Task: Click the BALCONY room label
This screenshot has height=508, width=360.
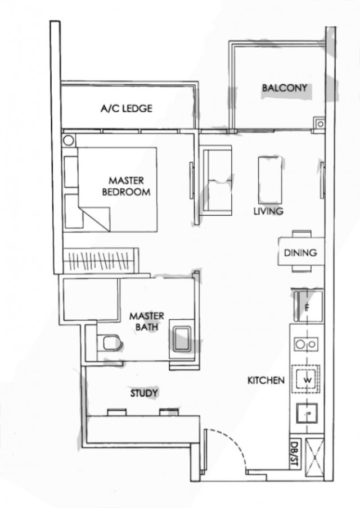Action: click(x=285, y=88)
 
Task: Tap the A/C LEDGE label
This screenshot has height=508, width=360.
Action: click(x=126, y=108)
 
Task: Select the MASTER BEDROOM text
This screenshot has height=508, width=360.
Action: click(x=126, y=186)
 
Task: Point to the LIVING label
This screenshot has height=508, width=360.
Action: click(x=268, y=211)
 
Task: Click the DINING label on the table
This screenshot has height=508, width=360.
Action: click(x=300, y=253)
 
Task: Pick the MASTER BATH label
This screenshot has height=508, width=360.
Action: click(x=146, y=321)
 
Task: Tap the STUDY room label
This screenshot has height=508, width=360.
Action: click(x=144, y=393)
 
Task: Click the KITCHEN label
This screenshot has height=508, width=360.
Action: click(x=266, y=381)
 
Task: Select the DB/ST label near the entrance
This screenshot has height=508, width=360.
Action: click(x=293, y=454)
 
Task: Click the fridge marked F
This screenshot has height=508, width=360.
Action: click(x=307, y=307)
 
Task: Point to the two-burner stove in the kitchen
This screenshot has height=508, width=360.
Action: click(x=307, y=343)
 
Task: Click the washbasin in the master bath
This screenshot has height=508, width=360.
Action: click(x=182, y=339)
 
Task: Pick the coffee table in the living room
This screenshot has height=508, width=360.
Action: click(x=269, y=178)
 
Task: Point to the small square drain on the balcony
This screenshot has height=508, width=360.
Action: click(x=319, y=123)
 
